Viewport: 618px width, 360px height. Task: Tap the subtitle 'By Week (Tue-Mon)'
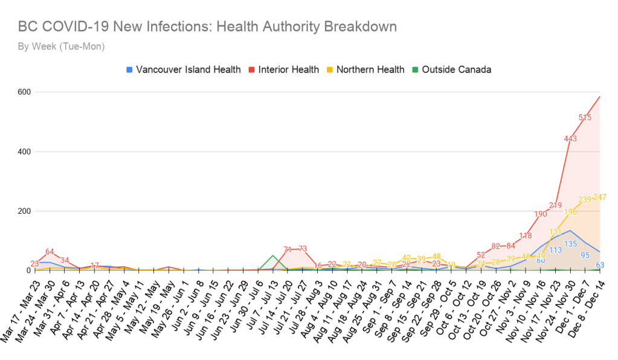point(61,47)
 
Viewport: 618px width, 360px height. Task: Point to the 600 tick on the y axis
point(24,92)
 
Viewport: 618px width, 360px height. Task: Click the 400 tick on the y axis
point(24,152)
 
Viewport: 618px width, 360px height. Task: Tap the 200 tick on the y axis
point(24,211)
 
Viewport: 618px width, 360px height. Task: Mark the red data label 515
point(585,117)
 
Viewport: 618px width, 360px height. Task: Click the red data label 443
point(570,139)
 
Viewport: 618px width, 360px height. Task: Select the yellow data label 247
point(599,198)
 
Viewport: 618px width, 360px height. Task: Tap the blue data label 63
point(600,265)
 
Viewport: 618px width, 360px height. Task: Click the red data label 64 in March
point(50,252)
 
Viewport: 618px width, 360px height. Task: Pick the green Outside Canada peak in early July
point(273,256)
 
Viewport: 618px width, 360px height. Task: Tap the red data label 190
point(541,214)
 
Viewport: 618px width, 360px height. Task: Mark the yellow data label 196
point(570,213)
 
